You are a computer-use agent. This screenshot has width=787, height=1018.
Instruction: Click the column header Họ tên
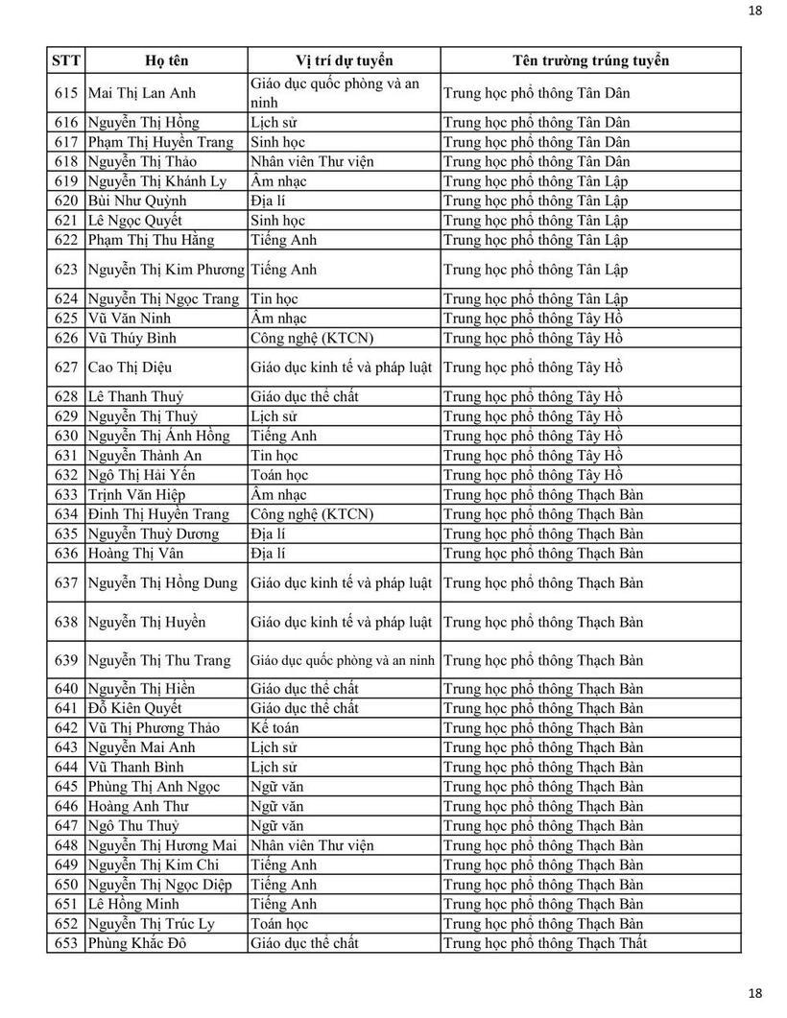pos(166,60)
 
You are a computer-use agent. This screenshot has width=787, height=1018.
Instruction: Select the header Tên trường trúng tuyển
pos(590,60)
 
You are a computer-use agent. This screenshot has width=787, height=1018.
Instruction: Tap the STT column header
pos(66,60)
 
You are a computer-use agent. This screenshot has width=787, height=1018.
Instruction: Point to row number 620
pos(66,201)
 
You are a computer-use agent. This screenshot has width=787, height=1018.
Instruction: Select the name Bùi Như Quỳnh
pos(137,201)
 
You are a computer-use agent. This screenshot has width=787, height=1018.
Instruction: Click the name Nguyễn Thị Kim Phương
pos(166,270)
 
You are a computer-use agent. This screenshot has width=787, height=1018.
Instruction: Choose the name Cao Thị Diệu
pos(130,367)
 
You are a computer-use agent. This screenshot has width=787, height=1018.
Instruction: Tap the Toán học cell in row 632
pos(279,475)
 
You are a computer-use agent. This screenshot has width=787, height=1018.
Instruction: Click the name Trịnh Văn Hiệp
pos(136,495)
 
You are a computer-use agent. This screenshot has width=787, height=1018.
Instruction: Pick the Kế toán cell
pos(274,728)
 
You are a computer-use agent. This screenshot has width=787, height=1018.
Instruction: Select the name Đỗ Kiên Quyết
pos(134,708)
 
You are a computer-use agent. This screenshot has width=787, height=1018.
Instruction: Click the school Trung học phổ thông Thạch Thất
pos(545,943)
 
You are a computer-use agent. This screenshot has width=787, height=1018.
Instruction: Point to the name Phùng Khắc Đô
pos(135,943)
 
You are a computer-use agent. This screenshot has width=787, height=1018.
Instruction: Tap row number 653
pos(66,943)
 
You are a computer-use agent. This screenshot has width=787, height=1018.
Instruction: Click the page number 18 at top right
pos(754,11)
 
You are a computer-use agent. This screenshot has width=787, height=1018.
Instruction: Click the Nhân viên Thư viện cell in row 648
pos(311,845)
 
